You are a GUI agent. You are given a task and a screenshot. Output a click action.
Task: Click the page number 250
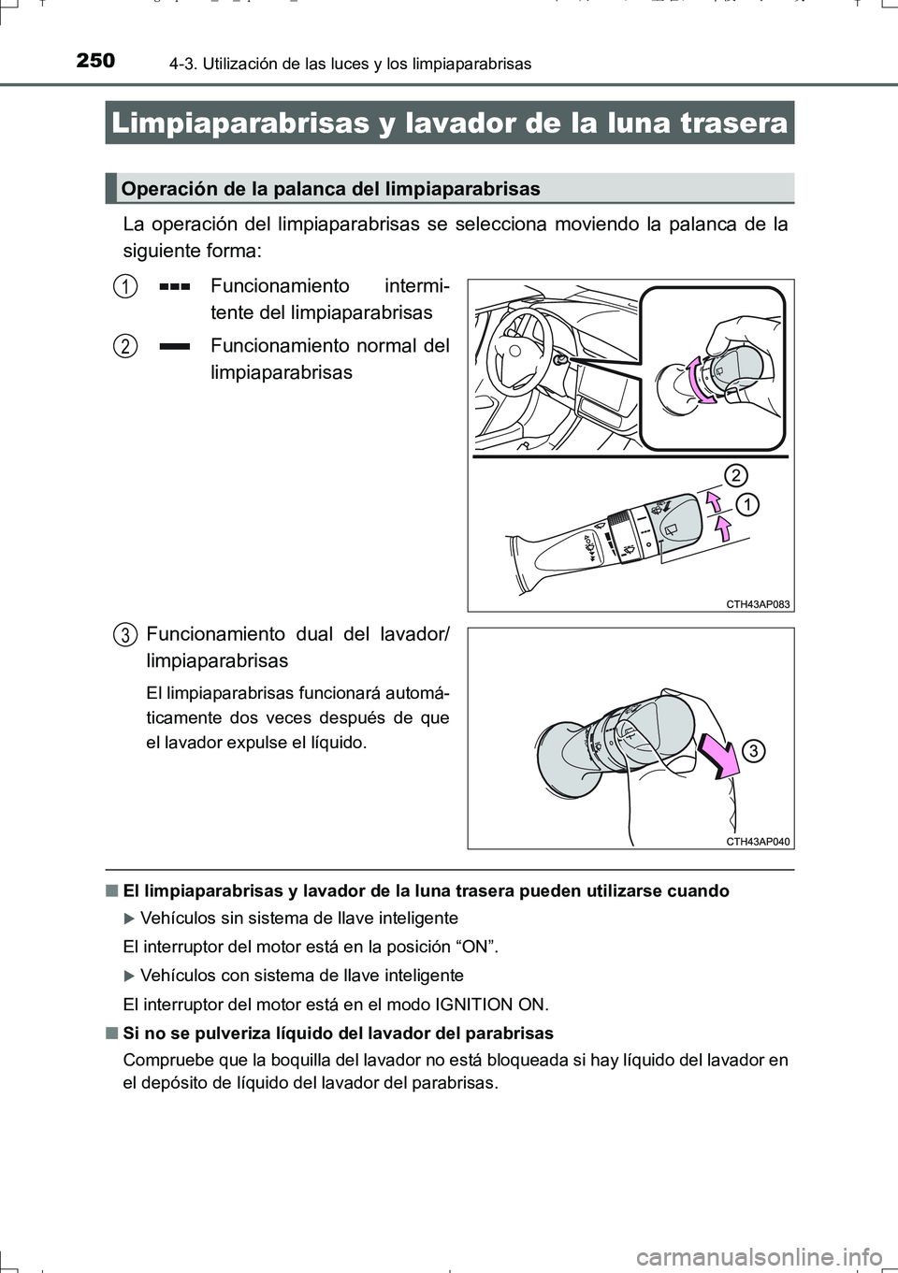(95, 61)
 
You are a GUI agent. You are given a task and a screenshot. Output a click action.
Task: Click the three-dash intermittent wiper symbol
(175, 286)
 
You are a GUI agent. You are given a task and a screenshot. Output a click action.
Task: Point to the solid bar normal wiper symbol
(175, 346)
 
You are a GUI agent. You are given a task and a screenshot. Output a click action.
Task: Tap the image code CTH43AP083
(758, 604)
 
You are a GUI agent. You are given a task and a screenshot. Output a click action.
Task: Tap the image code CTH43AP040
(758, 841)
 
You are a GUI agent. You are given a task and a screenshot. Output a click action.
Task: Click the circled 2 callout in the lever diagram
(736, 475)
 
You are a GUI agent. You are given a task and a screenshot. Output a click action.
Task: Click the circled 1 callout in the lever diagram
(747, 505)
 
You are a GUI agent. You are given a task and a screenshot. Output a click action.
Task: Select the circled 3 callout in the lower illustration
(754, 750)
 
